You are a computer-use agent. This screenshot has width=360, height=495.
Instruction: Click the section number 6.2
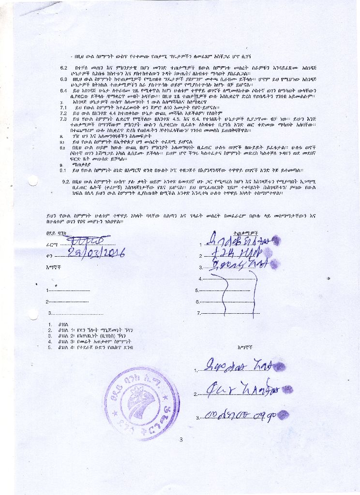tap(63, 68)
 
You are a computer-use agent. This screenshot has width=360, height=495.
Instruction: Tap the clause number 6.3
tap(63, 78)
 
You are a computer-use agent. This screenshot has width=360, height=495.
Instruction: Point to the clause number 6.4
tap(63, 91)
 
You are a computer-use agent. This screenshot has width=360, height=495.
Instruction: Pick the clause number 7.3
tap(63, 118)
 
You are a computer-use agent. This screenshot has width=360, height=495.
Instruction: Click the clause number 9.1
tap(63, 170)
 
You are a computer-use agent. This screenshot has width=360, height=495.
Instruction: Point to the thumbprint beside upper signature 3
tap(274, 265)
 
